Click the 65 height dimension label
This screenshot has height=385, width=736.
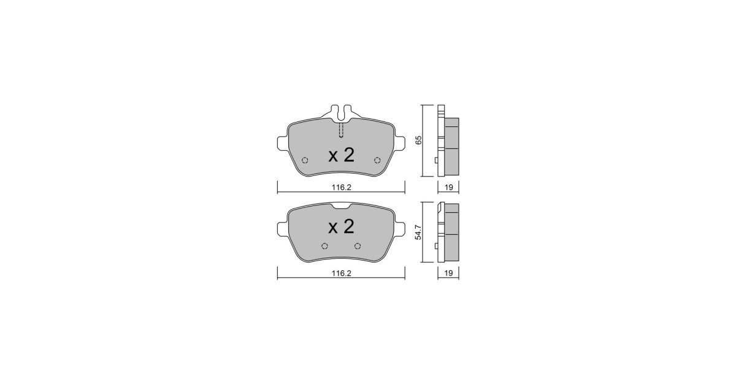[x=418, y=140]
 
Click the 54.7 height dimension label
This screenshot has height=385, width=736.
[x=418, y=232]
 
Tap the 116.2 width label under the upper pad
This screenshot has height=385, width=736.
[x=342, y=188]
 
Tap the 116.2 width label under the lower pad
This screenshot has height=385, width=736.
[x=342, y=273]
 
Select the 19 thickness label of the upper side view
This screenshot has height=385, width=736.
[x=448, y=188]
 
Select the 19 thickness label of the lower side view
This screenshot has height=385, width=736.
[x=448, y=273]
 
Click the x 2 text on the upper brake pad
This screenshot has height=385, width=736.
[x=342, y=155]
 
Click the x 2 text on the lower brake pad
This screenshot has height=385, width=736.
[x=342, y=227]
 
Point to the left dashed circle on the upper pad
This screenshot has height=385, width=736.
[x=305, y=160]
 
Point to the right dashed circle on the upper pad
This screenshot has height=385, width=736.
[x=377, y=160]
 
